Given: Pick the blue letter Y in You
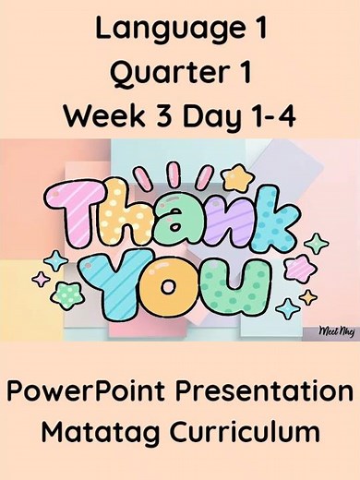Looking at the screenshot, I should point(120,277).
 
